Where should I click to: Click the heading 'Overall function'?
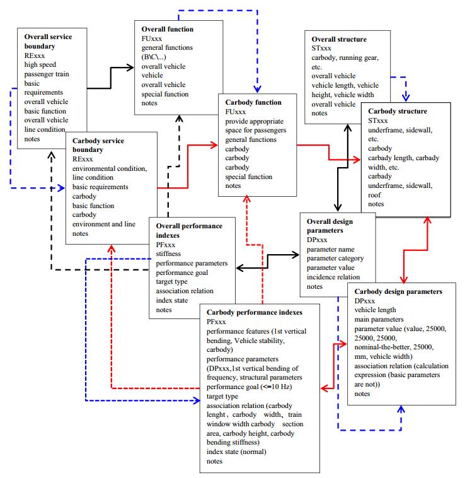167,29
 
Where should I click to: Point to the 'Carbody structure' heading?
398,111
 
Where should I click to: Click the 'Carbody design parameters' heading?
398,292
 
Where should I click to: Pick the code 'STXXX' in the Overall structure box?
321,48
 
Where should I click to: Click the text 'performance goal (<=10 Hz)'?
249,387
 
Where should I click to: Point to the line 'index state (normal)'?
237,452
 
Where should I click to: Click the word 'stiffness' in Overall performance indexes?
169,254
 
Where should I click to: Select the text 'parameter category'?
334,259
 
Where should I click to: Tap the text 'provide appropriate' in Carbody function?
255,121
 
